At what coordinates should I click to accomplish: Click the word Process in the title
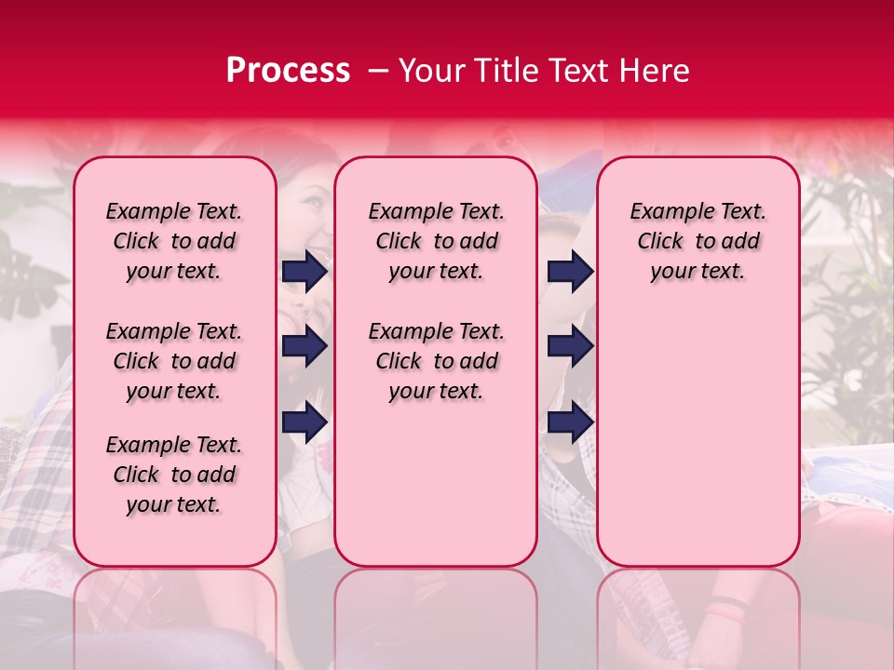tap(288, 71)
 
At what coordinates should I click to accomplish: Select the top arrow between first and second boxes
tap(305, 271)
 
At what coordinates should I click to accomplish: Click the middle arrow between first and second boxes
tap(305, 347)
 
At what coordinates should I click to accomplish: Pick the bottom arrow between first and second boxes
tap(305, 422)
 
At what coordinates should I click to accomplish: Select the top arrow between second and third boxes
tap(570, 271)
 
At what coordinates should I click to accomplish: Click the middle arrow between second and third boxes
tap(570, 347)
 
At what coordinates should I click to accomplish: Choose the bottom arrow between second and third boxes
tap(570, 422)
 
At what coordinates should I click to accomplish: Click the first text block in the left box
tap(174, 241)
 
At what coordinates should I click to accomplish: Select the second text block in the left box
tap(174, 361)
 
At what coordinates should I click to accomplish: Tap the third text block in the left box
tap(174, 475)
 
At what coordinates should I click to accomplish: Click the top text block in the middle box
tap(436, 241)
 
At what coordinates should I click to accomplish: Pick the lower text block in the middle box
tap(436, 361)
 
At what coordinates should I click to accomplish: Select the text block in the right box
tap(698, 241)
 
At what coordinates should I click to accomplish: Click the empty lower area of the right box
tap(698, 428)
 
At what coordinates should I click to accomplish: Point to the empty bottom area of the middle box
tap(436, 493)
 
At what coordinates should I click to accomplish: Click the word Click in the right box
tap(660, 242)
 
